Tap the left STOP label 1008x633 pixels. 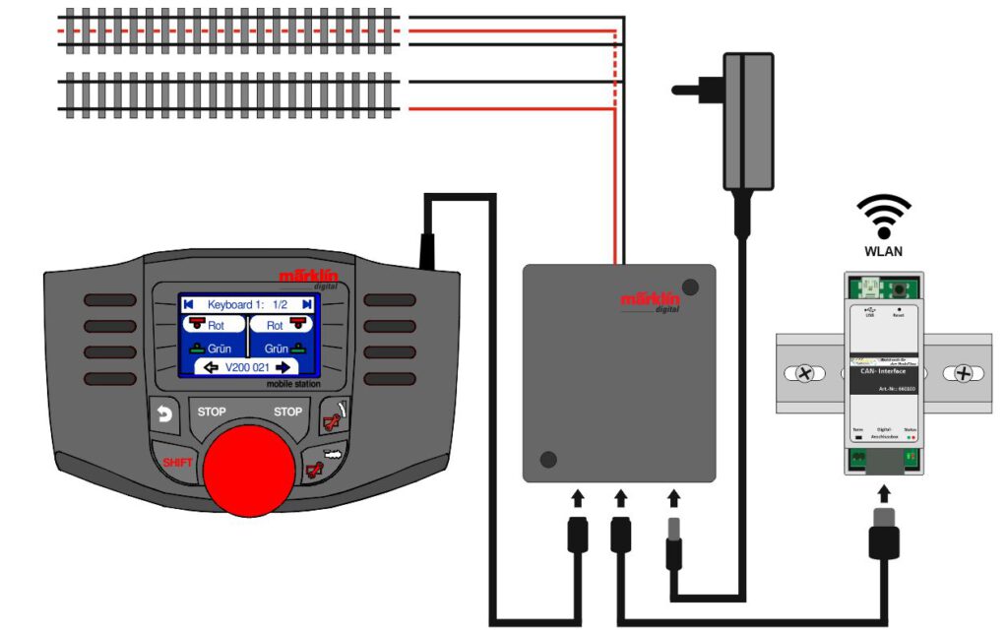(213, 411)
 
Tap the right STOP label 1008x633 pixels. (287, 411)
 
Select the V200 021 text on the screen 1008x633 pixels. (250, 367)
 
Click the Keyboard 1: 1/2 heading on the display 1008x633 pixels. (248, 305)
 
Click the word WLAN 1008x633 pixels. (883, 251)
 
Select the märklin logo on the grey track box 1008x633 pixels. (650, 300)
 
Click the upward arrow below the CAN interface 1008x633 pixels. (883, 492)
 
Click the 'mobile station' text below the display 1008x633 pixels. (294, 385)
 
